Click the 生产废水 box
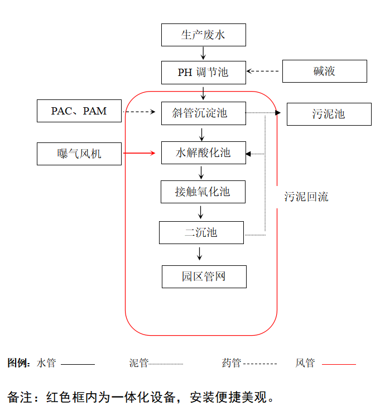[x=203, y=35]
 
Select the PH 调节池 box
[x=203, y=72]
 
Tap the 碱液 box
[x=324, y=71]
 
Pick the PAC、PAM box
[x=79, y=111]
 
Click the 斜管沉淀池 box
[x=203, y=113]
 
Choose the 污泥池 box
[x=329, y=114]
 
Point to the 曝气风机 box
[x=79, y=154]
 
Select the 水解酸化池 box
[x=203, y=152]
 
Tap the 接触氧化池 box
[x=203, y=192]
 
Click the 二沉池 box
[x=201, y=232]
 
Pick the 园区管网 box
[x=204, y=276]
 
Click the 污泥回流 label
[x=306, y=197]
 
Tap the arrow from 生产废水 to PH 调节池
[x=203, y=54]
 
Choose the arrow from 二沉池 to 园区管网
[x=200, y=254]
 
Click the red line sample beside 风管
[x=339, y=364]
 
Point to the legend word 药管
[x=231, y=364]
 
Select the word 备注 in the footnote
[x=19, y=398]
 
